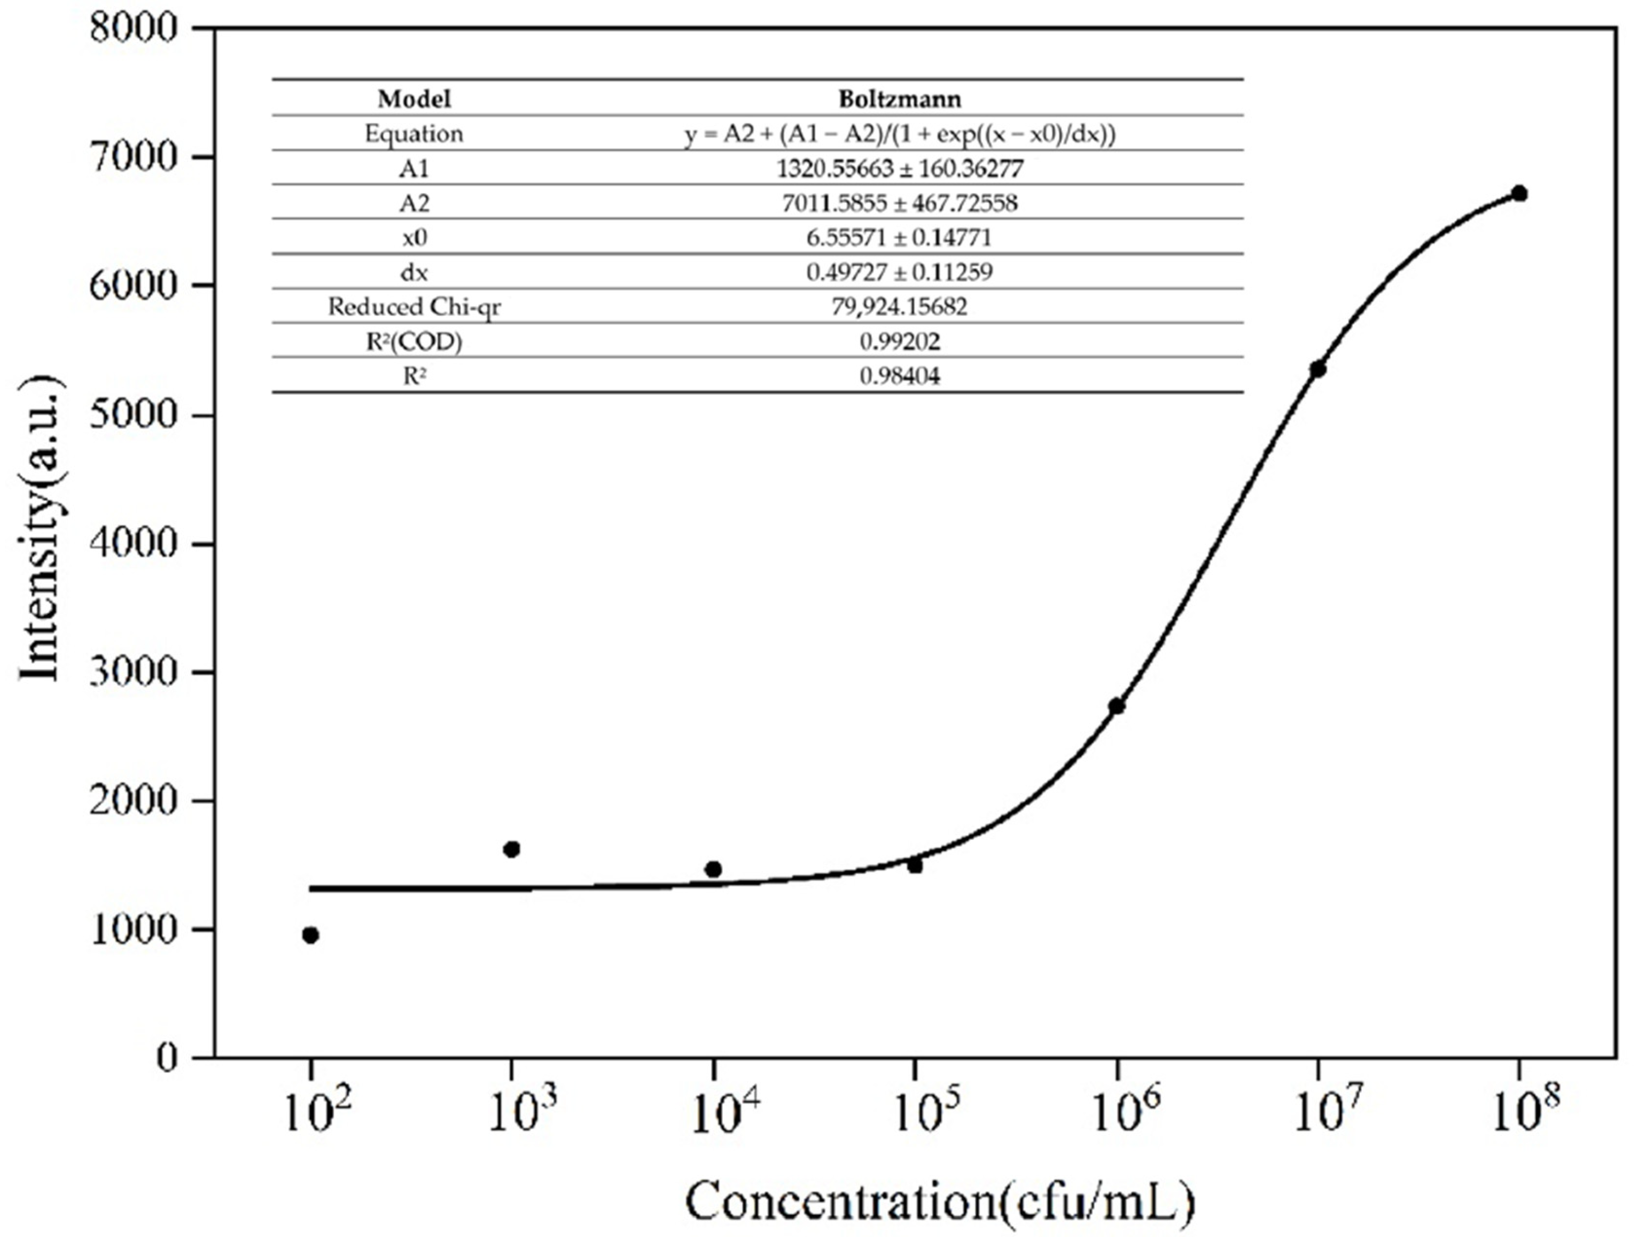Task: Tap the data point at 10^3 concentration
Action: pos(511,849)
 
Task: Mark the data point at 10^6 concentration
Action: pos(1117,706)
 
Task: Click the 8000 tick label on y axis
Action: pos(134,30)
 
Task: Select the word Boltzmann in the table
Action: pos(900,98)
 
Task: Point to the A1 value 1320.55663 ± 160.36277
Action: pos(900,169)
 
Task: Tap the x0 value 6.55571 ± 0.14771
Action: pos(900,237)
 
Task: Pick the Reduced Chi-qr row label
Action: pos(414,307)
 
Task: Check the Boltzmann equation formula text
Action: pos(900,134)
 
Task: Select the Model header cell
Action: pos(414,98)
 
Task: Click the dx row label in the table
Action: pos(414,273)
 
